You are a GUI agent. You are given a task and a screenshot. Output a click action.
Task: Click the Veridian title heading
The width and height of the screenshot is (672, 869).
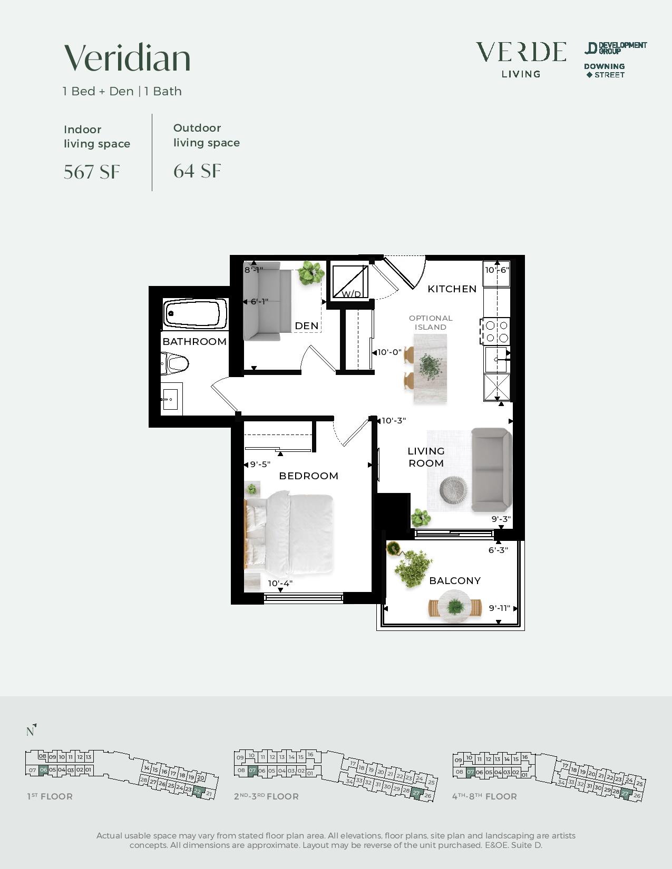pyautogui.click(x=127, y=58)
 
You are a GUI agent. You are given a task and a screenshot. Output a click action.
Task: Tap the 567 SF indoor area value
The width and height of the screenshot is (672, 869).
pyautogui.click(x=92, y=172)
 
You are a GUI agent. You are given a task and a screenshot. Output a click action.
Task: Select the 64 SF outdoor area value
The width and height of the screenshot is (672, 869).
pyautogui.click(x=197, y=171)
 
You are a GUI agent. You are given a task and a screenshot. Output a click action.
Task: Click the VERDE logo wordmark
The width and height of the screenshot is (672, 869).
pyautogui.click(x=521, y=52)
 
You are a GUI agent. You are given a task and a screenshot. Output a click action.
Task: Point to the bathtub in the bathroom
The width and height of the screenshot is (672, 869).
pyautogui.click(x=195, y=313)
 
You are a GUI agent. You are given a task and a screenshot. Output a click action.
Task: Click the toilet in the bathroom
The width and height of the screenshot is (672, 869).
pyautogui.click(x=174, y=363)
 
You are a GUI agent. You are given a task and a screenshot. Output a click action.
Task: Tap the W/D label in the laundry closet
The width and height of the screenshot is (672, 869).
pyautogui.click(x=352, y=294)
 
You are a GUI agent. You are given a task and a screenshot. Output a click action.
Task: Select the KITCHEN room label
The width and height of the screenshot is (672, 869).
pyautogui.click(x=452, y=289)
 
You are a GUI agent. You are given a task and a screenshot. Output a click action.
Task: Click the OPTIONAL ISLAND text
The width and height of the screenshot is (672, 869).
pyautogui.click(x=431, y=323)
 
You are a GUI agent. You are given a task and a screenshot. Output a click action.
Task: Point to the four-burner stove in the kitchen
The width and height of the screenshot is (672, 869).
pyautogui.click(x=496, y=331)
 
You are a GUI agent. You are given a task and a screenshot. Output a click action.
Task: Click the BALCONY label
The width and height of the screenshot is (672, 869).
pyautogui.click(x=455, y=581)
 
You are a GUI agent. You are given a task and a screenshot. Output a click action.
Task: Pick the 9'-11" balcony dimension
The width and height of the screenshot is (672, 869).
pyautogui.click(x=499, y=608)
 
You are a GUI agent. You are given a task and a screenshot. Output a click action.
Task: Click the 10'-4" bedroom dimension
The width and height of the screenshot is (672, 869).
pyautogui.click(x=280, y=584)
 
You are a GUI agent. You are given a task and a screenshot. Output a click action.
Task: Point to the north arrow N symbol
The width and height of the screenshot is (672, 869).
pyautogui.click(x=31, y=730)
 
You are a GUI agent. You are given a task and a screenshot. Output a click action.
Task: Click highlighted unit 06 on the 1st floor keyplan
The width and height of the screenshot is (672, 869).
pyautogui.click(x=43, y=769)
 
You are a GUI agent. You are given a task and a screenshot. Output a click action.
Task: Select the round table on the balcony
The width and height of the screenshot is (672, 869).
pyautogui.click(x=454, y=608)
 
